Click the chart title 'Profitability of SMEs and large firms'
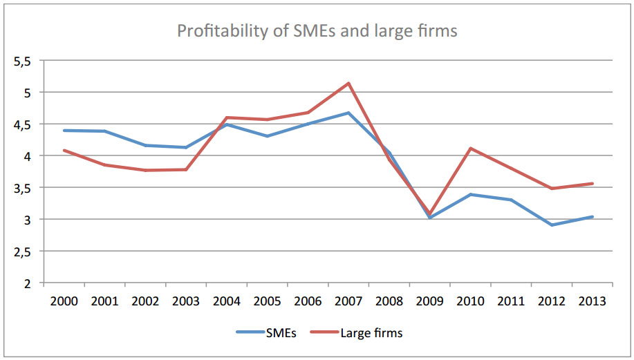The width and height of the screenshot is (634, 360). point(317,31)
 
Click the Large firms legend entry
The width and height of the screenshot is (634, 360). point(371,332)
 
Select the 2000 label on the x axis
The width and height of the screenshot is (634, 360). point(64,301)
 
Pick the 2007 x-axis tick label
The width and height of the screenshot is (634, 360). point(348,301)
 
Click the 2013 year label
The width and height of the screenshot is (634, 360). point(592,301)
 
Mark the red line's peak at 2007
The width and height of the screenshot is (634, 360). point(348,84)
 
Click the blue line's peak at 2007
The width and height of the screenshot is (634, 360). point(348,113)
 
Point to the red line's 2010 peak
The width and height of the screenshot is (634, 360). point(470,149)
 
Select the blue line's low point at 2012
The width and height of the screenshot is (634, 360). point(552,225)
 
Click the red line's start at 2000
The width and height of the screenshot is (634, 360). point(64,150)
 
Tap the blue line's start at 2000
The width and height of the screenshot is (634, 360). point(64,130)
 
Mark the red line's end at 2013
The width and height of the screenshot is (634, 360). point(592,184)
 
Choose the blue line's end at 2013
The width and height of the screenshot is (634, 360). point(592,217)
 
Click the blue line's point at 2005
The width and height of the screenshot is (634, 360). point(268,136)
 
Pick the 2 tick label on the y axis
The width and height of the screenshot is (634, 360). point(28,283)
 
